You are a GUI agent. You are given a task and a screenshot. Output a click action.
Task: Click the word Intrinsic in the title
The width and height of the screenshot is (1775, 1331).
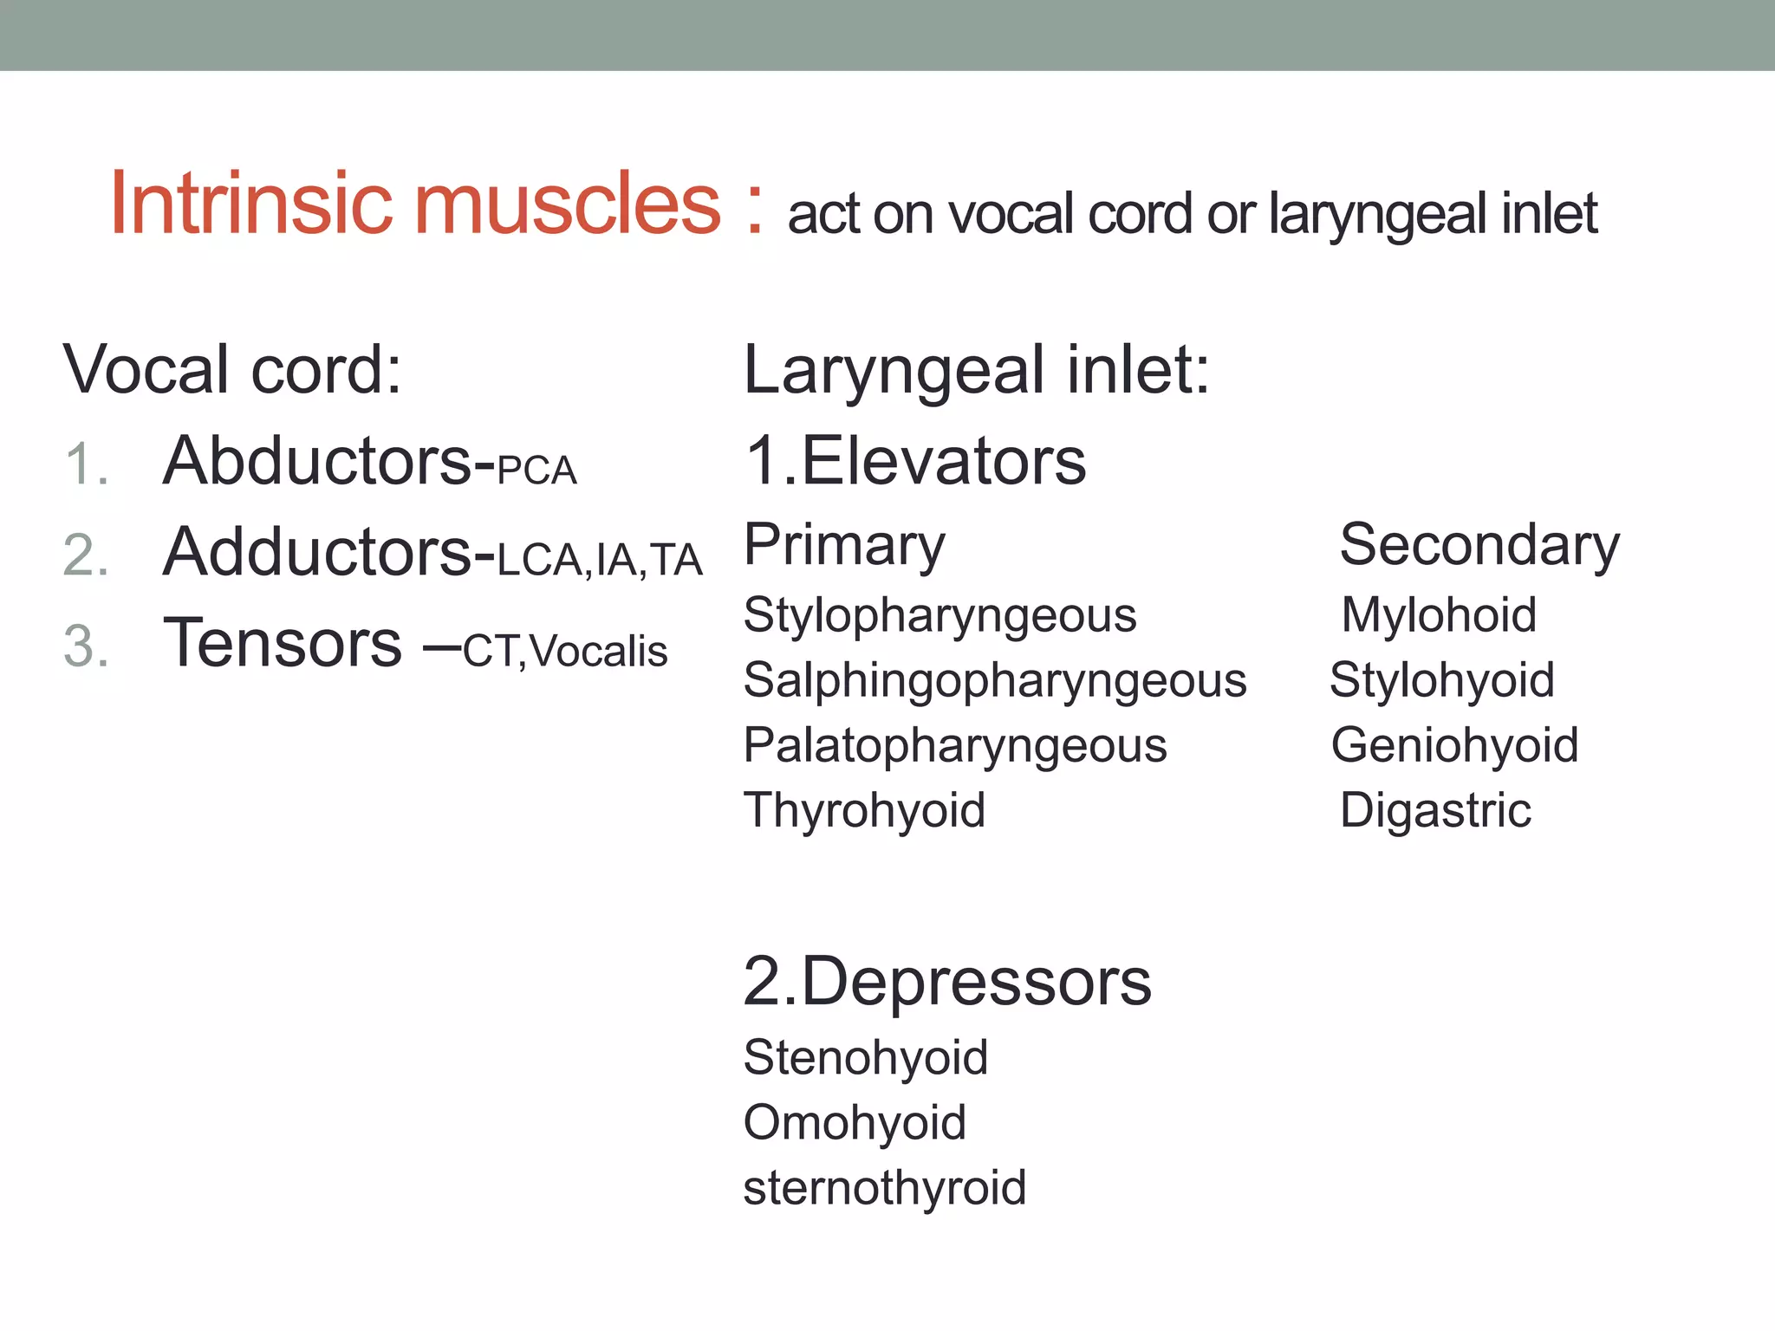point(251,205)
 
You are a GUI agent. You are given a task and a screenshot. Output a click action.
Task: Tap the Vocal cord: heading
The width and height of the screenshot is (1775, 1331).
point(232,370)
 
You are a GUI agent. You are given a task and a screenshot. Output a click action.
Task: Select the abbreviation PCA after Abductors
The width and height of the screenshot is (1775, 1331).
point(536,471)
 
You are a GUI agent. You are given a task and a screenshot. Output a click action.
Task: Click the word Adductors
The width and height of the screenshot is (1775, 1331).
point(328,552)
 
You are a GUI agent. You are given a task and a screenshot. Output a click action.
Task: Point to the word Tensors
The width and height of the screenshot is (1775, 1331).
point(283,643)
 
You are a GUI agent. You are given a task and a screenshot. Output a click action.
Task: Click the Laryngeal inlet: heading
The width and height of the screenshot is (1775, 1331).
point(976,370)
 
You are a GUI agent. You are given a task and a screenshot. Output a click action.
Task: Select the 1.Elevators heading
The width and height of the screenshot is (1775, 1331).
point(914,461)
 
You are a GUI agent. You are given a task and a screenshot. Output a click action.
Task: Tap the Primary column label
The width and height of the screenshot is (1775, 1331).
point(844,546)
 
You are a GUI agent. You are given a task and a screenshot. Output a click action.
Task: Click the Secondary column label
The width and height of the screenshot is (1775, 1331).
point(1479,546)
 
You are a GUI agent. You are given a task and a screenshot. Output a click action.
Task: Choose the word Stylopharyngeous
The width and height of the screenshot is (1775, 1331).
point(940,616)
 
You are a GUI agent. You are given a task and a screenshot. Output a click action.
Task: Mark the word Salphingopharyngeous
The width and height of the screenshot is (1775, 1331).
point(994,680)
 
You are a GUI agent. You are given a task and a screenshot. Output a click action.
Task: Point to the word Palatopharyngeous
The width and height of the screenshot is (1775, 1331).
point(954,745)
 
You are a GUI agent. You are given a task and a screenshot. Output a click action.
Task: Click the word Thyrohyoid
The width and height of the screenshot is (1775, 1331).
point(864,810)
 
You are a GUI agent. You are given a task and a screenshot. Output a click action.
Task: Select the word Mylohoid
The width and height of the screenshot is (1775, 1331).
point(1439,615)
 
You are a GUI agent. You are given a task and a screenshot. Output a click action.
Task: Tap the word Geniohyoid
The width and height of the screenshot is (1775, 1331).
point(1454,745)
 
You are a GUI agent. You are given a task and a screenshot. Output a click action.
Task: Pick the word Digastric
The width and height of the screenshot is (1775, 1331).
point(1435,810)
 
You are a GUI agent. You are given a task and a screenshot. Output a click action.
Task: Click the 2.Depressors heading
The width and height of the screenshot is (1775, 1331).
point(946,983)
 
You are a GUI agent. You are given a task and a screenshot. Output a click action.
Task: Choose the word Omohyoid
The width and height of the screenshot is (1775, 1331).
point(855,1122)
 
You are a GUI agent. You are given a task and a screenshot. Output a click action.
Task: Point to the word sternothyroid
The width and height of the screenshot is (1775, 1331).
point(884,1187)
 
